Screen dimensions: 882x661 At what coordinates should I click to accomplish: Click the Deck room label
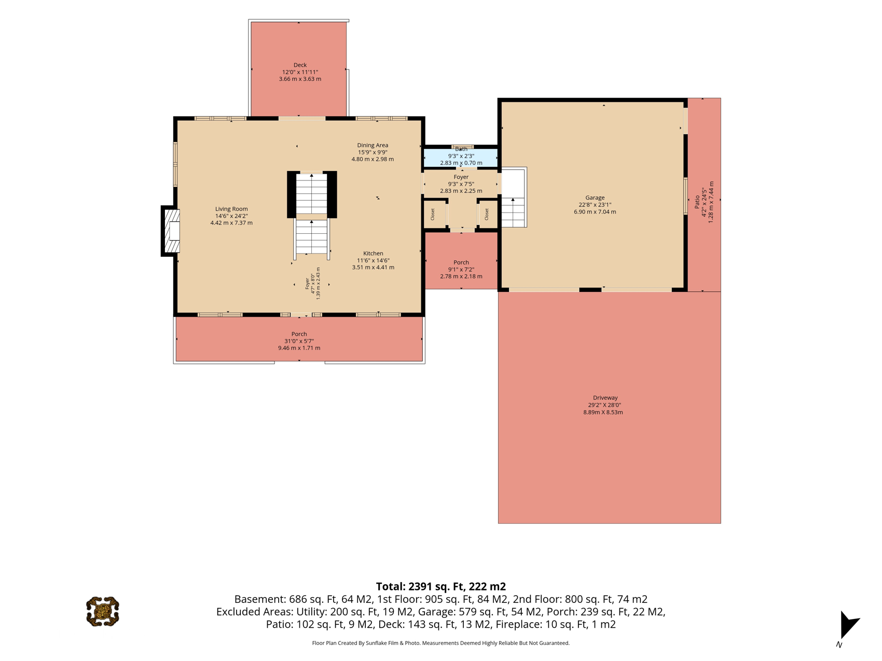(x=300, y=65)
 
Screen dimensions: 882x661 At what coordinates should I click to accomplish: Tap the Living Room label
(x=231, y=209)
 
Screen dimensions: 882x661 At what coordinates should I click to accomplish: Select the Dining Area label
(x=373, y=145)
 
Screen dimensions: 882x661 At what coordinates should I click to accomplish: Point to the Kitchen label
(x=373, y=254)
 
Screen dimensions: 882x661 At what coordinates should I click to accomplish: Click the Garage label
(x=595, y=198)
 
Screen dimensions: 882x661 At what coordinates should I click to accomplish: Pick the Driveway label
(x=605, y=398)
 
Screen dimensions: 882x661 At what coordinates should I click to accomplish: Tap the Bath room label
(x=461, y=149)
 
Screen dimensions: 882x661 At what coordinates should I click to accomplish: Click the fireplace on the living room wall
(x=171, y=231)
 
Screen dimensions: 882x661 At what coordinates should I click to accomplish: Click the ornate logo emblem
(x=103, y=612)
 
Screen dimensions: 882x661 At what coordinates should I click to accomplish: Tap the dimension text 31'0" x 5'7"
(x=299, y=341)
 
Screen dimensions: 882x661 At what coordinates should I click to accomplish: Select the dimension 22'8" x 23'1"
(x=595, y=205)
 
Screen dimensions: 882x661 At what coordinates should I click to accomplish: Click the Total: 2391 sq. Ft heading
(x=440, y=586)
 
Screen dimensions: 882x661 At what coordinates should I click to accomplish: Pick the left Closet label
(x=433, y=214)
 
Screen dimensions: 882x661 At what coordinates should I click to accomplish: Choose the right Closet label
(x=487, y=214)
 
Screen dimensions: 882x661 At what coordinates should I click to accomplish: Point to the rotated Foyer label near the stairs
(x=307, y=283)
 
